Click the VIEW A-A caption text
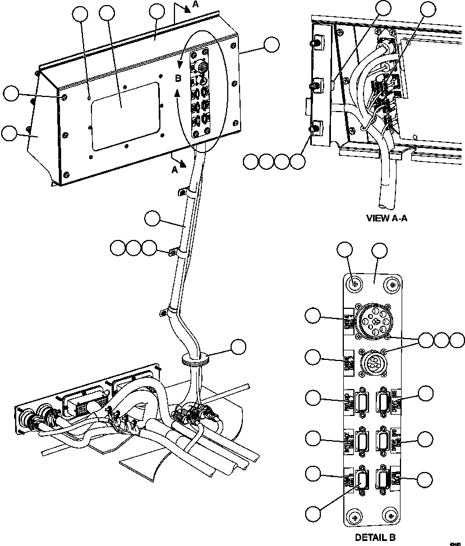pos(386,218)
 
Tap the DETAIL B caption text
pos(375,536)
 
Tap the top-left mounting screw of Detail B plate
pos(354,285)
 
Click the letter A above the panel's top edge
pos(195,4)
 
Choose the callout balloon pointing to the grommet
pos(239,346)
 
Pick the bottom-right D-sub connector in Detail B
pos(385,479)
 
